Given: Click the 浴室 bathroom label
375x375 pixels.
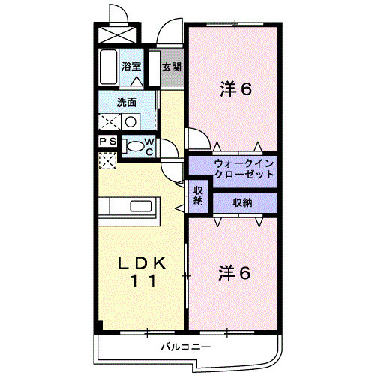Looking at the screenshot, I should tap(132, 66).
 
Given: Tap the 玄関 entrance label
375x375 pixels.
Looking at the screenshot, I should tap(171, 67).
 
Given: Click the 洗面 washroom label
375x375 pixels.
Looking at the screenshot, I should tap(126, 102).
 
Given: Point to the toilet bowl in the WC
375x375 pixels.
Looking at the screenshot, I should tap(134, 146).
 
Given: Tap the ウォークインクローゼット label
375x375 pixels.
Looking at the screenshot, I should tap(233, 169).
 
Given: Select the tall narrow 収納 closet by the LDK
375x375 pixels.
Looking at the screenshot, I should tap(199, 195).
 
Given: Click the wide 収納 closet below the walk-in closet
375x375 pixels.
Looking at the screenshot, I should tap(241, 202).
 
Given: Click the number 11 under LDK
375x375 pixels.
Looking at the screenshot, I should tap(144, 283).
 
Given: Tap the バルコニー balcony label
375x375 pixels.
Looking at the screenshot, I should tap(187, 347).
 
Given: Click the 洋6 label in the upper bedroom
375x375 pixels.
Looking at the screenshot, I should tap(235, 89).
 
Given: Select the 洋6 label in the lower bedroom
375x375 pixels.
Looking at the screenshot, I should tap(233, 271).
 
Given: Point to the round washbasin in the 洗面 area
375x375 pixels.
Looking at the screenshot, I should tap(130, 121).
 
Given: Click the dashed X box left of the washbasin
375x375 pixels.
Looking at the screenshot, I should tap(109, 121).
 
